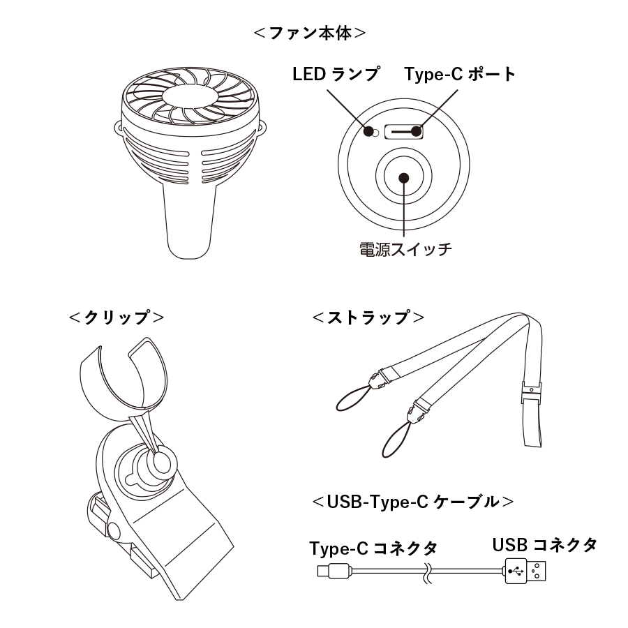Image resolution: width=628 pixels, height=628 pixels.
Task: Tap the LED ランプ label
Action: click(336, 74)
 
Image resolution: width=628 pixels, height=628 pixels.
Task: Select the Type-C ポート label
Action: click(461, 74)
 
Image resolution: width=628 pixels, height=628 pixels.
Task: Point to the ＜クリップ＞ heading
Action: click(117, 317)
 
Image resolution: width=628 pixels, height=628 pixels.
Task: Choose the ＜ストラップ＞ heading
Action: click(368, 317)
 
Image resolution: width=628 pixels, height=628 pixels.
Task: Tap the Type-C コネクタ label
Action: click(373, 548)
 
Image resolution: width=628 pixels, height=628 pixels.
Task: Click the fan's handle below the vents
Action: click(189, 223)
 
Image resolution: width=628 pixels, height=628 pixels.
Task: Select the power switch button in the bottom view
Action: click(403, 177)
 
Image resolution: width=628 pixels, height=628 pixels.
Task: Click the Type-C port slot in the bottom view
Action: click(405, 130)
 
